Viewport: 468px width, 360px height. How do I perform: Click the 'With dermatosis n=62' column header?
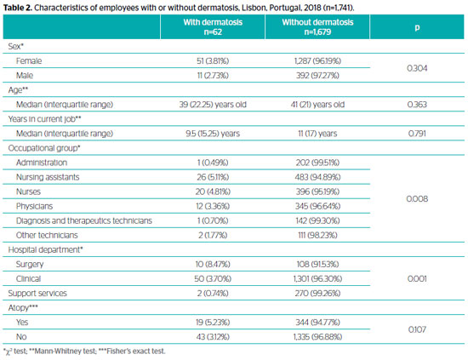(x=213, y=27)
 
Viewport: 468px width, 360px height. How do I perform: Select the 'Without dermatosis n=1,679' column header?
(x=317, y=27)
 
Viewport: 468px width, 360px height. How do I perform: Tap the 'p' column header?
(x=417, y=27)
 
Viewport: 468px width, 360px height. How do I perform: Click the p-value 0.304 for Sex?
(x=417, y=68)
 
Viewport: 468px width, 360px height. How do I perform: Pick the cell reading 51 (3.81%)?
(x=213, y=61)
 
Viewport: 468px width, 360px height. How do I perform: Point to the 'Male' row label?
(x=25, y=75)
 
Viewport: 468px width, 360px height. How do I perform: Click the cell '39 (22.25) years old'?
(x=213, y=105)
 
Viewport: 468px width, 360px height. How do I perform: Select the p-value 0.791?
(x=417, y=134)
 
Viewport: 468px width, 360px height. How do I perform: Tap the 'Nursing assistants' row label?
(x=48, y=177)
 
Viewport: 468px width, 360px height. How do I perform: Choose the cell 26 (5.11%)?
(x=213, y=177)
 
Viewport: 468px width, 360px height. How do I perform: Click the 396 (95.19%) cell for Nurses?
(x=317, y=191)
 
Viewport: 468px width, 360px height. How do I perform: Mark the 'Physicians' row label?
(x=34, y=206)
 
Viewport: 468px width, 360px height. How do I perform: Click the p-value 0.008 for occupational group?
(x=417, y=199)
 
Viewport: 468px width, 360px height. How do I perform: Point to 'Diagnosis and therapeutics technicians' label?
(x=84, y=220)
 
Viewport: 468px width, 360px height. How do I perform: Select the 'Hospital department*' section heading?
(x=45, y=249)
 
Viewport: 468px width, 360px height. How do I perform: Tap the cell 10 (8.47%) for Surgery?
(x=213, y=264)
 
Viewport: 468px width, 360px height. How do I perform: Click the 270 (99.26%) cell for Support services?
(x=317, y=293)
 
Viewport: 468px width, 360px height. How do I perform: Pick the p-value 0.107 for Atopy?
(x=417, y=329)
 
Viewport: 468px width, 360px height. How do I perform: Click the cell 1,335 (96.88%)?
(x=317, y=337)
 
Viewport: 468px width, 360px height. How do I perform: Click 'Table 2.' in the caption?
(x=17, y=8)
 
